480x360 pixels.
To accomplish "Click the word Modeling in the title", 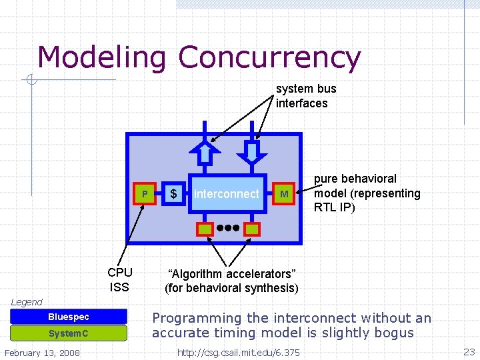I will tap(101, 58).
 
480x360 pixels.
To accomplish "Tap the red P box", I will tap(145, 194).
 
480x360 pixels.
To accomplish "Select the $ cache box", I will tap(173, 194).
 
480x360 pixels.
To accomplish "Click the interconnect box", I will tap(226, 194).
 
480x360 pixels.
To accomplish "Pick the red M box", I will tap(284, 194).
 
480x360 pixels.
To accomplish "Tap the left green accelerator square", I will tap(204, 229).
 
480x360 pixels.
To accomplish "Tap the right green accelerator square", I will tap(251, 229).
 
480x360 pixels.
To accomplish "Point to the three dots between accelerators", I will tap(227, 228).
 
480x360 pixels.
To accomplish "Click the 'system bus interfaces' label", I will tap(305, 96).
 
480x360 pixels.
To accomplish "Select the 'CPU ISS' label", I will tap(120, 280).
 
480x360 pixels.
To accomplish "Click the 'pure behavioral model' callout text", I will tap(367, 193).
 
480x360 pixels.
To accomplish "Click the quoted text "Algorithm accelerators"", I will tap(231, 274).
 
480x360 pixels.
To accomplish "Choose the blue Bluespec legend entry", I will tap(69, 317).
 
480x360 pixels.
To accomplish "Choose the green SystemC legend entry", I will tap(69, 333).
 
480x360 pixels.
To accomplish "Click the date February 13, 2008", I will tap(42, 352).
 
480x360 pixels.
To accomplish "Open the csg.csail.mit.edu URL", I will tap(238, 352).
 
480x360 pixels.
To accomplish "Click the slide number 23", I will tap(468, 351).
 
